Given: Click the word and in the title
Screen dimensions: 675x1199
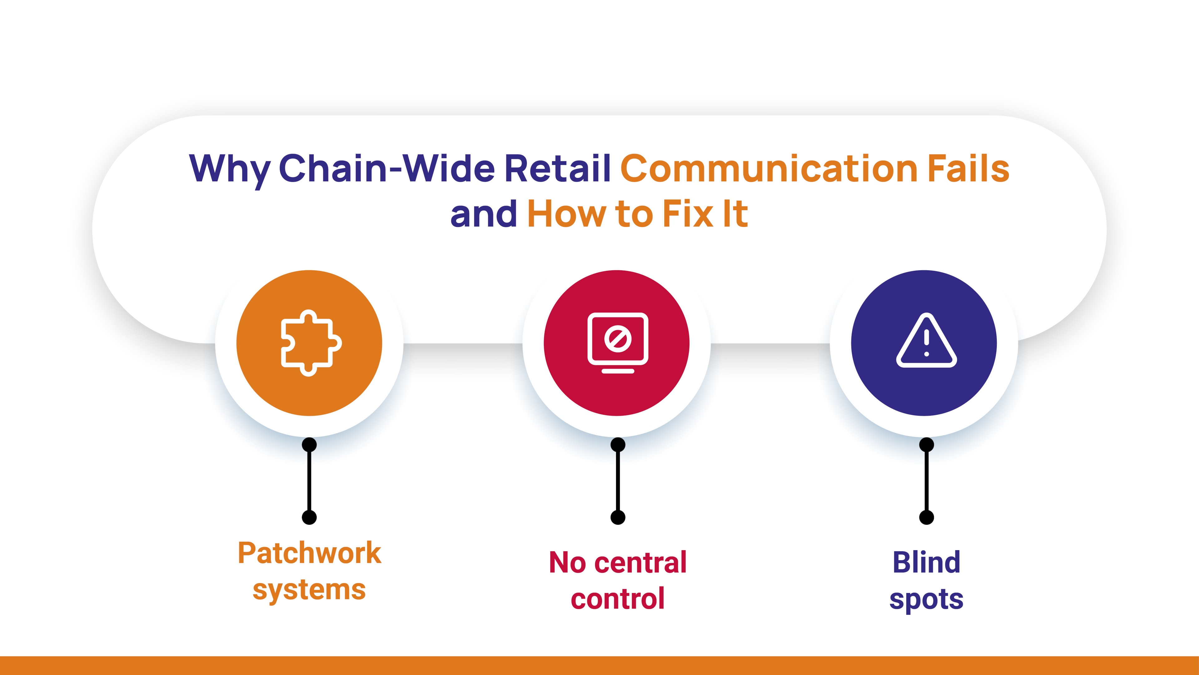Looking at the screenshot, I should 484,214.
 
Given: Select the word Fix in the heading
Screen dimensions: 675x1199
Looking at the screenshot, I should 688,214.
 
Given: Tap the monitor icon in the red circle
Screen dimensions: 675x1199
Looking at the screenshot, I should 618,343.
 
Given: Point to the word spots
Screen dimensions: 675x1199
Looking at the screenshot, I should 926,600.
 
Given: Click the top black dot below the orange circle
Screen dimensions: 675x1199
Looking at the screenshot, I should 309,445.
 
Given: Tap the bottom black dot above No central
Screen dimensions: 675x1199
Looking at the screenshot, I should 618,517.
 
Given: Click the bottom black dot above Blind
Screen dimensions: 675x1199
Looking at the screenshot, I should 926,517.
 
